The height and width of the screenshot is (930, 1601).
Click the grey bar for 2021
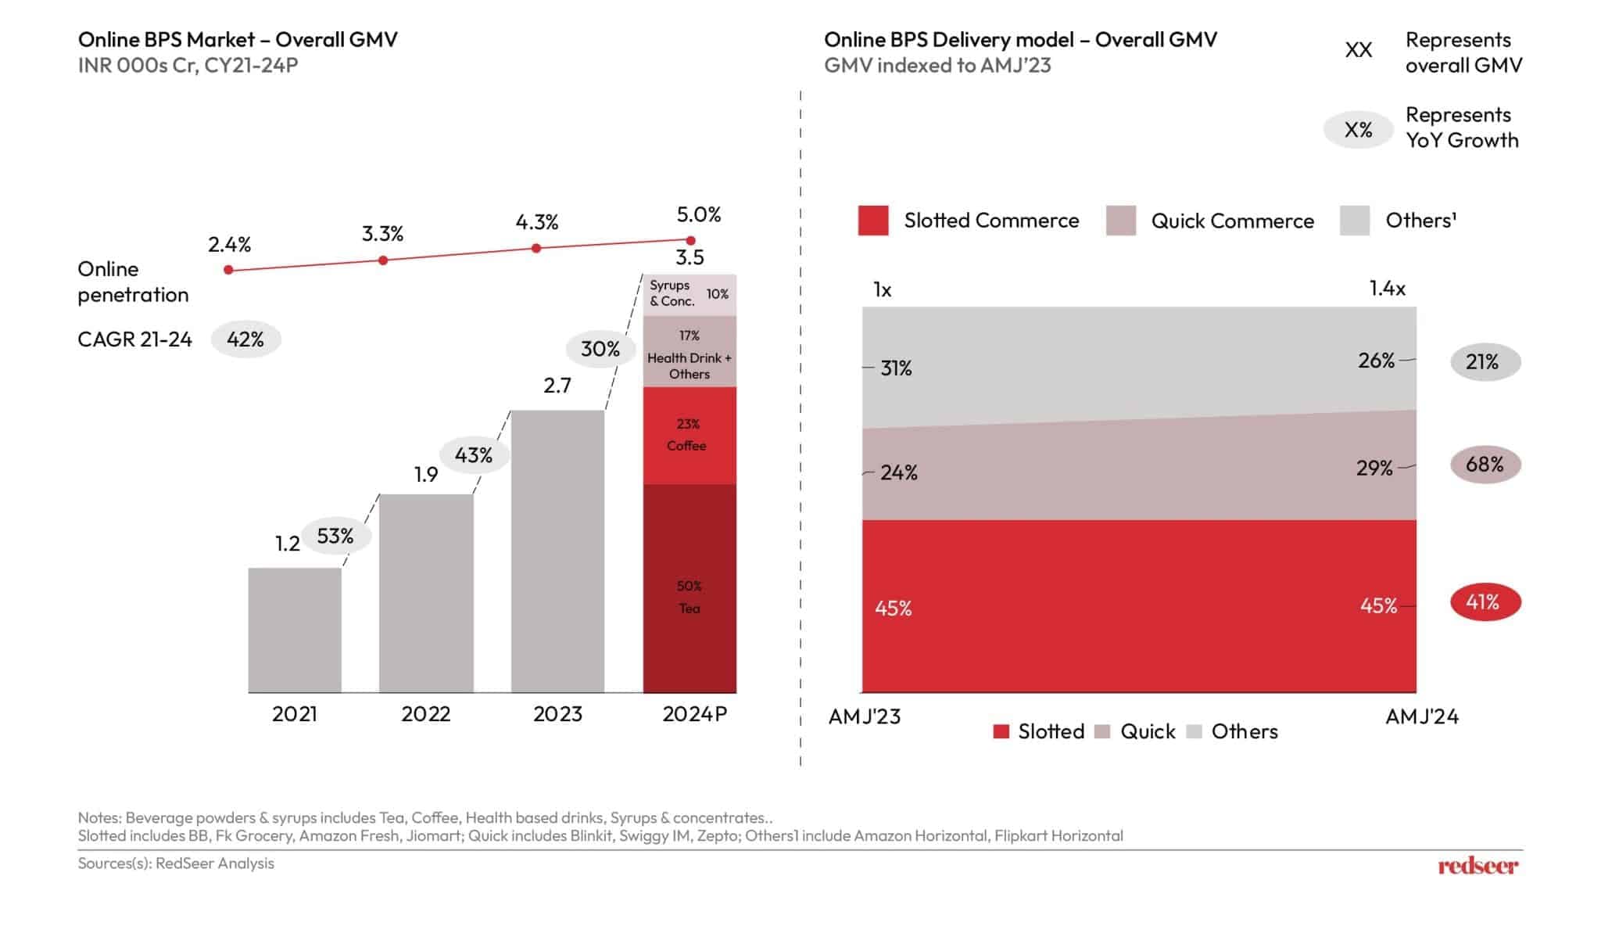coord(295,630)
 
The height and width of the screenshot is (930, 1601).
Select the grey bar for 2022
coord(426,593)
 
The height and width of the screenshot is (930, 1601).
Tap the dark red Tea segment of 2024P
coord(689,588)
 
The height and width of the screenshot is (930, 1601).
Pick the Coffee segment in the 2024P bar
coord(689,435)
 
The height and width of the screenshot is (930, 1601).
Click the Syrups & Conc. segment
coord(689,294)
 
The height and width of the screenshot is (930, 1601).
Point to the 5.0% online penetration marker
coord(690,240)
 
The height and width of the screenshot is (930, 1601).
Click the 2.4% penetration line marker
coord(228,270)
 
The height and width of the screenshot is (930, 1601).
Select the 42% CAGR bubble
coord(245,339)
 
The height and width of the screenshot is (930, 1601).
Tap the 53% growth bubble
coord(335,536)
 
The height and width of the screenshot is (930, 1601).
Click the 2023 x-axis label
coord(557,714)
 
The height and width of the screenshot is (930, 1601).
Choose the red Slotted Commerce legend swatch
coord(873,221)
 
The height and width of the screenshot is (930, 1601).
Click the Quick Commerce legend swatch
coord(1121,221)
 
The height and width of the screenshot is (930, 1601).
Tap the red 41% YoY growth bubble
coord(1485,602)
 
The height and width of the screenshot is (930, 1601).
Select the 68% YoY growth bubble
coord(1485,465)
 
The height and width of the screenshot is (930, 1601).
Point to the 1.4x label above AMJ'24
coord(1387,289)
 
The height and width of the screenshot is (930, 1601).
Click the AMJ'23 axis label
coord(865,716)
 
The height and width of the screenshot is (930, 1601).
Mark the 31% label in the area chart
coord(896,368)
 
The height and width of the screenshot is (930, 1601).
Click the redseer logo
coord(1477,866)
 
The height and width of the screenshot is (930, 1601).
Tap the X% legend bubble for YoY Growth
coord(1358,130)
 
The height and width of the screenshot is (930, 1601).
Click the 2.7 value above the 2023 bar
coord(557,386)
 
